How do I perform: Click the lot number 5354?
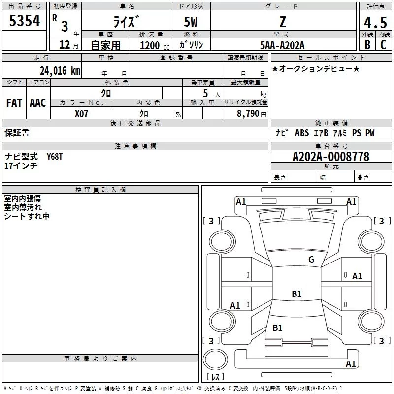(x=25, y=22)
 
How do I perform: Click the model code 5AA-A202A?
(x=282, y=45)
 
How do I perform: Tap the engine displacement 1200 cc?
(x=153, y=45)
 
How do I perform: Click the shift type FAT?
(x=14, y=103)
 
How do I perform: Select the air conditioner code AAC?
(x=38, y=103)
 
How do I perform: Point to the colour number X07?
(x=81, y=113)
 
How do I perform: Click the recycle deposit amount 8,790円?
(x=251, y=113)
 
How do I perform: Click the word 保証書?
(x=17, y=132)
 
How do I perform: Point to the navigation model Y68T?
(x=55, y=157)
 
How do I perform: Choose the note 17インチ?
(x=21, y=166)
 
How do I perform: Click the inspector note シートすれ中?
(x=27, y=216)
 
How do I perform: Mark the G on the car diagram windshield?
(x=311, y=260)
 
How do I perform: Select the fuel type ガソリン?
(x=191, y=45)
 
